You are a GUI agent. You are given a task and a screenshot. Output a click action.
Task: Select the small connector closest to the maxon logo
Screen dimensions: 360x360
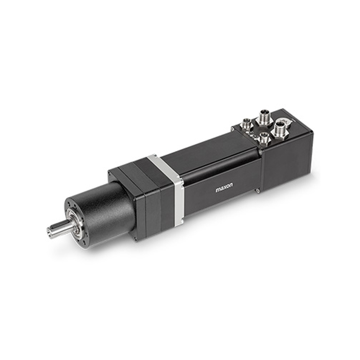coord(262,138)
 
